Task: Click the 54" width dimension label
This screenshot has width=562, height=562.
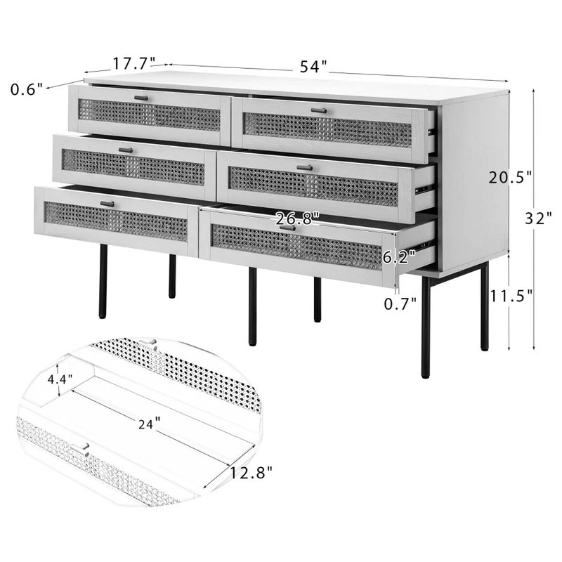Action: click(x=313, y=67)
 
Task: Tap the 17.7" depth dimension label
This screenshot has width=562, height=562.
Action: click(x=134, y=64)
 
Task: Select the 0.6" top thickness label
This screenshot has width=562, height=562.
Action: click(x=27, y=89)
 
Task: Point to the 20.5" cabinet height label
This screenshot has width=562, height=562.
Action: click(x=510, y=178)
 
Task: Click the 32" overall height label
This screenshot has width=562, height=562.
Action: click(x=538, y=218)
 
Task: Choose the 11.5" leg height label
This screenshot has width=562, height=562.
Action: click(x=511, y=296)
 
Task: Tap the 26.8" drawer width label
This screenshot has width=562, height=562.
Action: click(x=297, y=218)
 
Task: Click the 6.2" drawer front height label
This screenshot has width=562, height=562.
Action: click(x=399, y=256)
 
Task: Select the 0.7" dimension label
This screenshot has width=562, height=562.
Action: click(x=400, y=304)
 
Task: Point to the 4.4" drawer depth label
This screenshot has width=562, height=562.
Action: click(x=60, y=379)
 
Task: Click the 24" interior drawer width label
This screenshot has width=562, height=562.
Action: click(x=149, y=424)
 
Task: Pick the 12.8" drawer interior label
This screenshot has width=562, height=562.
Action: click(x=251, y=473)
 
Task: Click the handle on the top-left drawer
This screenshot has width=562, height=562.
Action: click(x=141, y=98)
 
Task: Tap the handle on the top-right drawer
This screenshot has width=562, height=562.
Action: click(x=319, y=111)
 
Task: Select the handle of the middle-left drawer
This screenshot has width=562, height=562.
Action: click(x=126, y=150)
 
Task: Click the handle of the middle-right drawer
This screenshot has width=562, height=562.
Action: click(x=305, y=167)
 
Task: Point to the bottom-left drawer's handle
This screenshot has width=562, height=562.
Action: click(x=107, y=204)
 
